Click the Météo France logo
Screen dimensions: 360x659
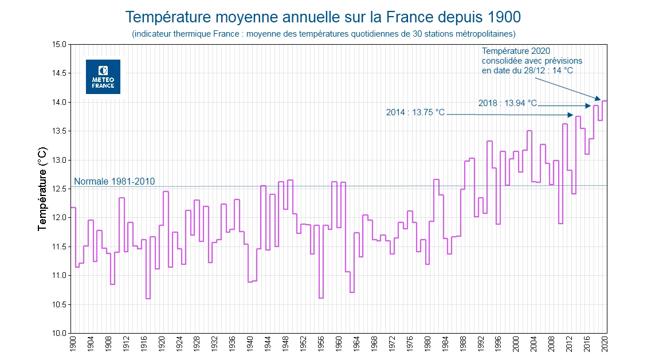(103, 77)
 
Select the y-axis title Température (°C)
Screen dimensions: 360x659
(42, 189)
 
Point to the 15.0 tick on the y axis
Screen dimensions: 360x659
(59, 44)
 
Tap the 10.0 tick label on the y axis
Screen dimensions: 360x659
(59, 333)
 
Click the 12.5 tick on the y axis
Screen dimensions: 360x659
(59, 189)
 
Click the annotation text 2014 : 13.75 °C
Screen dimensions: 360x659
(415, 112)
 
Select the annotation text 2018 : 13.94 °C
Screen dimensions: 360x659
(508, 103)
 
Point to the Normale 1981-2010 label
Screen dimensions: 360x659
(115, 181)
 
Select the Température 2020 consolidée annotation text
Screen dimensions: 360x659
(531, 61)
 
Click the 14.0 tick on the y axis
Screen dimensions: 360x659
(59, 102)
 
